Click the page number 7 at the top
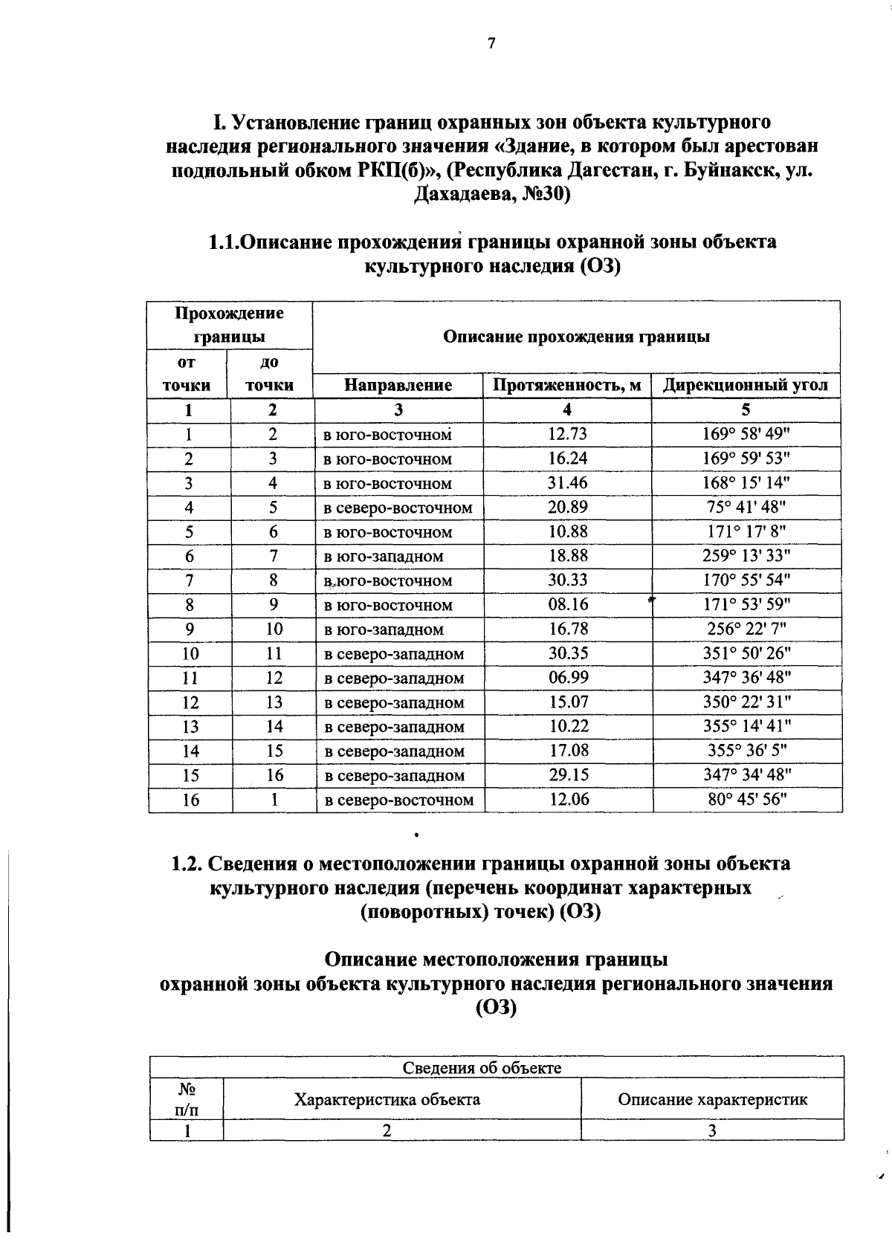tap(491, 44)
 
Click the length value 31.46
tap(568, 483)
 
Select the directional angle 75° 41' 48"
tap(746, 508)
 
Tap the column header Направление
tap(398, 385)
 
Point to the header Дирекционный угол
tap(746, 385)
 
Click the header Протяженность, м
tap(567, 385)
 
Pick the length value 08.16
tap(568, 605)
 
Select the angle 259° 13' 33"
tap(746, 556)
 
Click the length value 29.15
tap(569, 775)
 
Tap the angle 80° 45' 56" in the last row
tap(747, 800)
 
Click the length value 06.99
tap(569, 678)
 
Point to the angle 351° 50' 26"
tap(747, 653)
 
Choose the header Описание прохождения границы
tap(576, 337)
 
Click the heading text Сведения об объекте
tap(482, 1068)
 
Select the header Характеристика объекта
tap(387, 1099)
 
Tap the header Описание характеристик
tap(712, 1099)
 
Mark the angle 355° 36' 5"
tap(747, 751)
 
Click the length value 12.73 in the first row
tap(568, 434)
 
